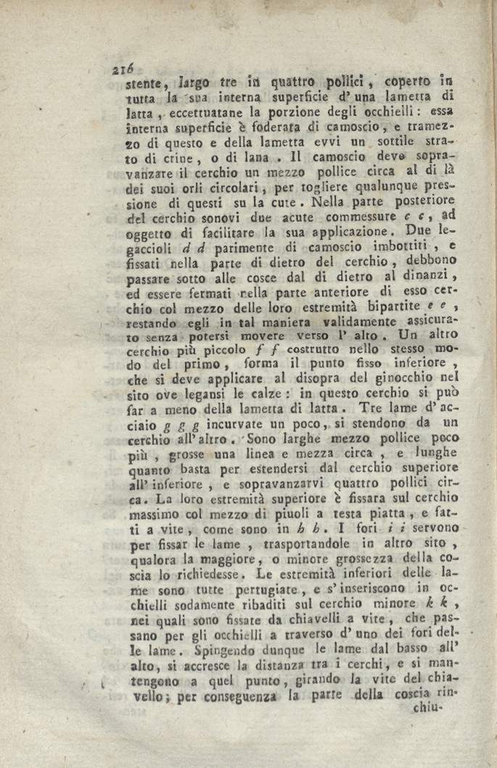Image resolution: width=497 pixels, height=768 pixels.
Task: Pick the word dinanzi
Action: [x=434, y=277]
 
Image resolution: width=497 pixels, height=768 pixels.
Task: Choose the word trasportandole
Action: [x=259, y=546]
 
